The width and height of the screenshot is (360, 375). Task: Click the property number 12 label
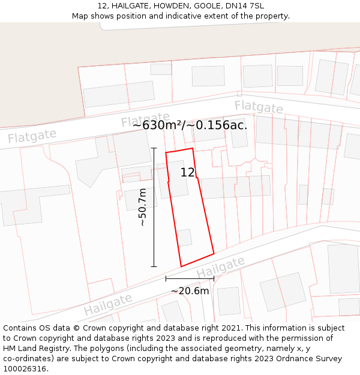188,173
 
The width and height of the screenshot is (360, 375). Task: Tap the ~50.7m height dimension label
142,207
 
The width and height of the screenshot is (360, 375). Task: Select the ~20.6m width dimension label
190,291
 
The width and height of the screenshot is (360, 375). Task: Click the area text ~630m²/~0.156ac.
190,125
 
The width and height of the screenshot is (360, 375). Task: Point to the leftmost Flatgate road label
32,136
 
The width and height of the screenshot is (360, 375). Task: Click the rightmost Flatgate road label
259,107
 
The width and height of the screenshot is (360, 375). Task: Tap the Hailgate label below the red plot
221,268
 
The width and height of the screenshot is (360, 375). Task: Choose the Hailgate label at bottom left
108,305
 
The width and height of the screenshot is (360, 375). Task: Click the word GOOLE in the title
208,6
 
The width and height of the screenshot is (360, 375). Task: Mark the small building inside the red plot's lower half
184,238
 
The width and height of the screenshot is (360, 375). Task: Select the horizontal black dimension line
190,278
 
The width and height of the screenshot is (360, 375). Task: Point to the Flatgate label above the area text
145,119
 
